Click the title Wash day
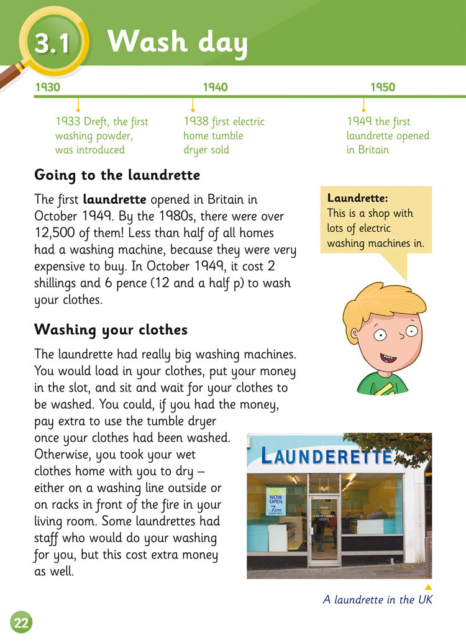pos(177,42)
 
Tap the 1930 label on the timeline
pos(47,87)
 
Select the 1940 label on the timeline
pos(215,87)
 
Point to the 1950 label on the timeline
pos(383,87)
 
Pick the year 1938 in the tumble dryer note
pos(196,122)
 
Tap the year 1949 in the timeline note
pos(360,122)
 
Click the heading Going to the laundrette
pos(117,175)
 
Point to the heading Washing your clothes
pos(111,329)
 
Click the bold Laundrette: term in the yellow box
pos(357,199)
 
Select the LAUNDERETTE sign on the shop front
pos(327,457)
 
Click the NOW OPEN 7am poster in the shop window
pos(276,501)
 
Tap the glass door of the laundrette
pos(324,528)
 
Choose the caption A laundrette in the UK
pos(377,600)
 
